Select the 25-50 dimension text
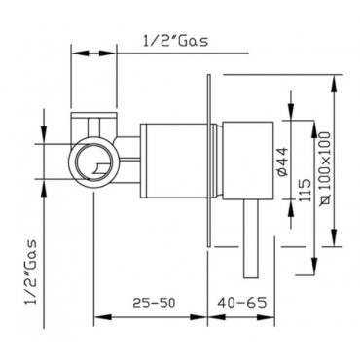click(x=154, y=304)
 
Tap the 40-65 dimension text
click(x=242, y=303)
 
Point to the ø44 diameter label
click(x=283, y=162)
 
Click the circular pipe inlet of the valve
click(x=94, y=162)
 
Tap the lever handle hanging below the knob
click(x=251, y=238)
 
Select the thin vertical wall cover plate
click(x=208, y=161)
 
